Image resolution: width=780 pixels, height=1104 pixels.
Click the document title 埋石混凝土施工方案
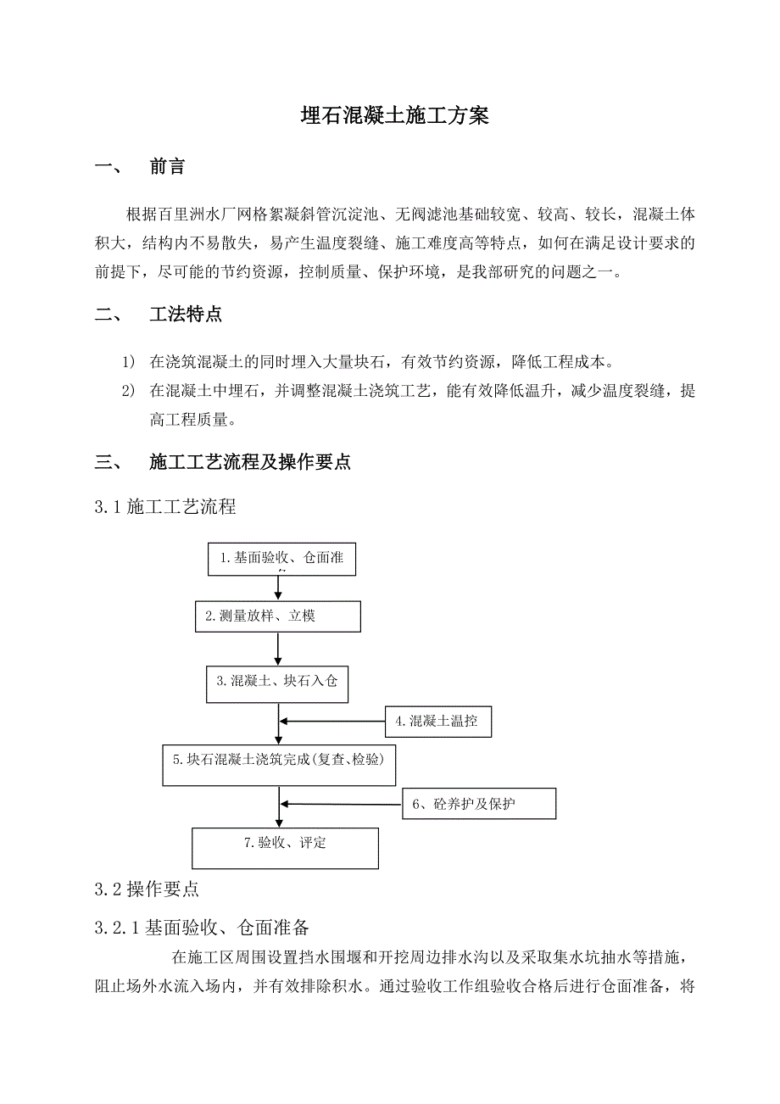394,116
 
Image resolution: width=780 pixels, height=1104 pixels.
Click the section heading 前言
167,167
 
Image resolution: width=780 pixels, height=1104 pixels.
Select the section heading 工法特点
186,315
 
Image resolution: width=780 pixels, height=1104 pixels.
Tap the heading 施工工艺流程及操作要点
250,462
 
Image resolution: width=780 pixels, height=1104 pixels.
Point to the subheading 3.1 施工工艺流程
166,507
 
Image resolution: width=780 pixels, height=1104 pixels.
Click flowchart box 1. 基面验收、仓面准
282,559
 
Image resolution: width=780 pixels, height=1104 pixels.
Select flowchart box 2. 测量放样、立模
278,616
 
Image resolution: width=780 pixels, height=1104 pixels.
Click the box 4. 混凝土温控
438,722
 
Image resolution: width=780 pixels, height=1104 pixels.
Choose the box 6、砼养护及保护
479,804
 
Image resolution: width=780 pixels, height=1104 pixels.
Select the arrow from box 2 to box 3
278,649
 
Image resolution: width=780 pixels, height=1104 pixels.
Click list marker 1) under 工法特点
129,362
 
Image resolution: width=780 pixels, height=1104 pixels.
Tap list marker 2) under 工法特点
129,391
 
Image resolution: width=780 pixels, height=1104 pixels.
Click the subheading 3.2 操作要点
148,889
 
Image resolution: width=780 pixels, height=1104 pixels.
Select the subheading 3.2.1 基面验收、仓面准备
208,927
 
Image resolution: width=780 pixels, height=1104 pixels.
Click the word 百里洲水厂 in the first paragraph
197,213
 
